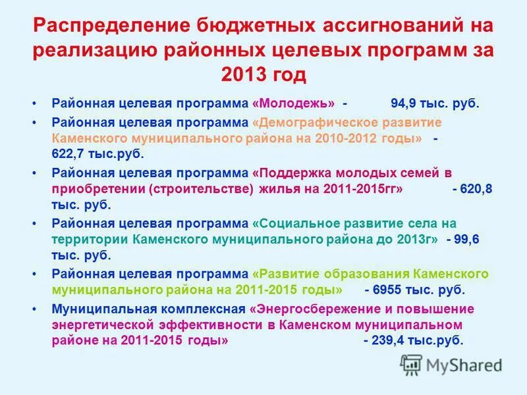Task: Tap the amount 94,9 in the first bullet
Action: click(x=402, y=104)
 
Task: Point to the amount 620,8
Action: click(x=479, y=189)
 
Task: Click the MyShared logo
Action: click(x=451, y=365)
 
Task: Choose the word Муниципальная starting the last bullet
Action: click(x=96, y=309)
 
